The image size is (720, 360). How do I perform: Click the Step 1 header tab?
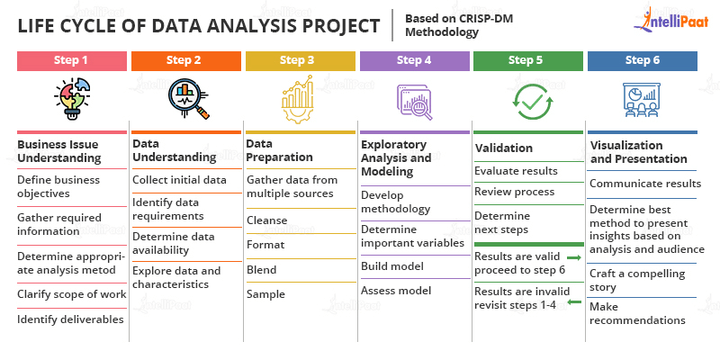point(71,61)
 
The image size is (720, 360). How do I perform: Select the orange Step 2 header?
point(185,61)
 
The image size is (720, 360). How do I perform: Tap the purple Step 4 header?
point(413,61)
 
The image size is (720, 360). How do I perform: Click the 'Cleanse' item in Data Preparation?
point(267,220)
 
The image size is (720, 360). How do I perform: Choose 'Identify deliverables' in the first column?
point(71,319)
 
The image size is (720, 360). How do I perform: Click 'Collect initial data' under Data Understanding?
point(179,179)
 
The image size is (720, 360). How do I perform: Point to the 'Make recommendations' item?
point(637,313)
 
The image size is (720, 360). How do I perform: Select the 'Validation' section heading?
point(504,148)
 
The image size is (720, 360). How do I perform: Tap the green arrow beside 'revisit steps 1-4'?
point(572,302)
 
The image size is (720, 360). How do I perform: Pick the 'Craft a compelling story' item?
point(637,280)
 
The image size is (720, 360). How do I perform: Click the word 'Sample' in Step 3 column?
point(265,293)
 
